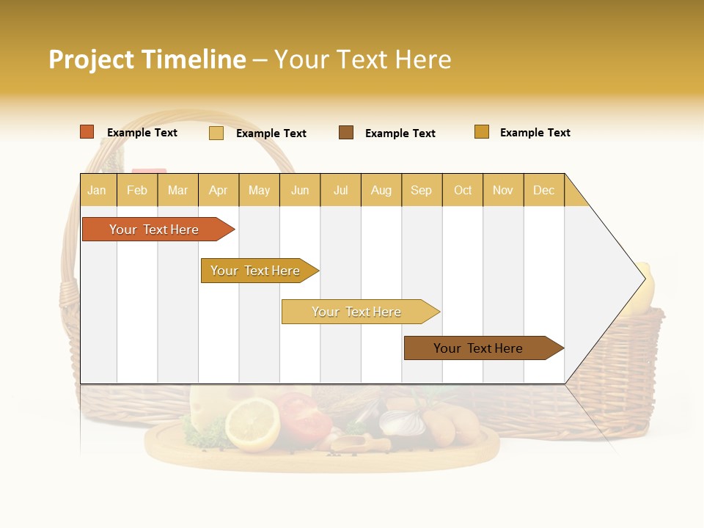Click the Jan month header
[x=97, y=190]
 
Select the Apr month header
[x=218, y=190]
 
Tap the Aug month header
[x=381, y=190]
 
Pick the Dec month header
[x=543, y=190]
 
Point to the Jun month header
[x=300, y=190]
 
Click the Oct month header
[x=463, y=190]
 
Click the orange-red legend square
[x=87, y=132]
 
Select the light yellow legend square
[x=216, y=133]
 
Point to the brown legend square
[x=346, y=133]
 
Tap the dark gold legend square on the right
[x=482, y=132]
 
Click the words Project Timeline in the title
[x=147, y=59]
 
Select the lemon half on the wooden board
[x=252, y=423]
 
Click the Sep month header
[x=421, y=190]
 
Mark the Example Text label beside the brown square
[x=400, y=133]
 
